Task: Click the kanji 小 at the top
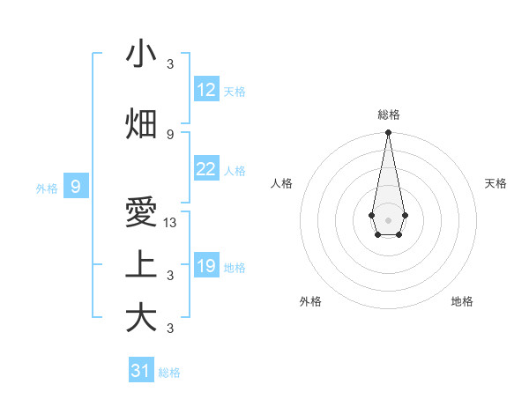141,55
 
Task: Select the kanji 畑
141,123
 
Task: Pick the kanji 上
141,264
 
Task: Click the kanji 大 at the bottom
141,318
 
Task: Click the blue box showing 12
206,90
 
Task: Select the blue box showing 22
206,169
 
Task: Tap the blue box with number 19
206,266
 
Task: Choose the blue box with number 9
76,187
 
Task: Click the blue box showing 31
141,371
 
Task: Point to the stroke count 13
170,224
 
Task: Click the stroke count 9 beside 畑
170,134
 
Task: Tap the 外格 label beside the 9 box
47,188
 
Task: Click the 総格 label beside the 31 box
169,373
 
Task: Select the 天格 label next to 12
235,92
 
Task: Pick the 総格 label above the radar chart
388,115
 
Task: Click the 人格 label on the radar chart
282,183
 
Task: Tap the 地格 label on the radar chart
462,301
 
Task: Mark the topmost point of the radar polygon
388,133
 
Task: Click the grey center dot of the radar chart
388,218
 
